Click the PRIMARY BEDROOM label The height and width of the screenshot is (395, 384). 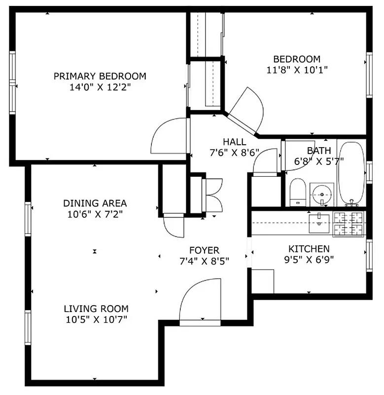click(x=100, y=76)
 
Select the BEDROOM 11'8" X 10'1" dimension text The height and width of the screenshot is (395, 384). click(x=297, y=70)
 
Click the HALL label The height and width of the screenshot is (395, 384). click(x=234, y=142)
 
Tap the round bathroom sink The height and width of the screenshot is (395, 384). click(x=322, y=195)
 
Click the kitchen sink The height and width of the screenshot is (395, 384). click(x=319, y=223)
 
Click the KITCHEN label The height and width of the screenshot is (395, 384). click(x=309, y=249)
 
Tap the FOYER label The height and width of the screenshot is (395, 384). click(x=204, y=250)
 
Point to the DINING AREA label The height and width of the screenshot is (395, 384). click(x=95, y=203)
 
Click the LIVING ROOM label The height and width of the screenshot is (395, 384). click(x=96, y=309)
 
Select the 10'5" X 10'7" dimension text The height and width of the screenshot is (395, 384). click(x=96, y=319)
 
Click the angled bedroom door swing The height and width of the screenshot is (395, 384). click(x=246, y=110)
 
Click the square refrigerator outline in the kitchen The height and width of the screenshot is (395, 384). click(x=263, y=281)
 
